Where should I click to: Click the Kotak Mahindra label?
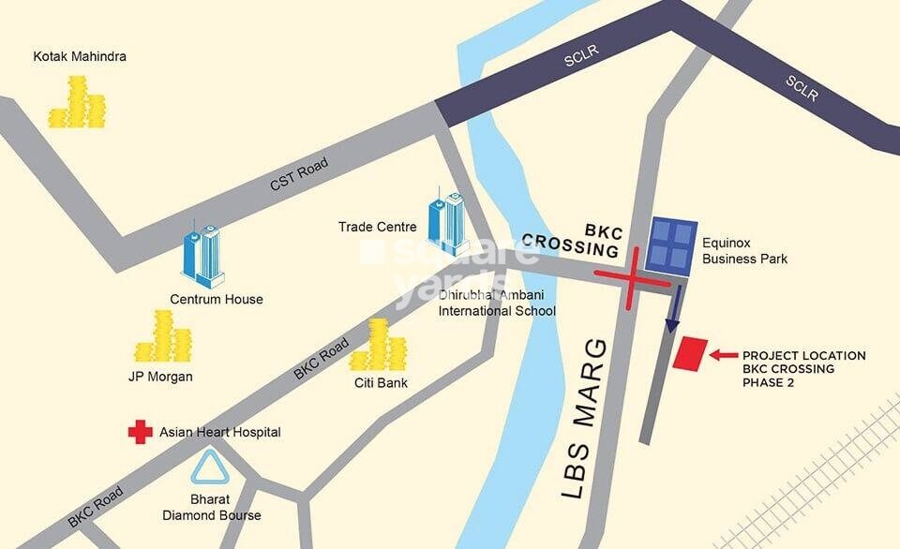80,57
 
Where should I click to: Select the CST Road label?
299,175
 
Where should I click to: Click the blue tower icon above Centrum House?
203,255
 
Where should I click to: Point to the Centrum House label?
216,300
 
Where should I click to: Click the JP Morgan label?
160,377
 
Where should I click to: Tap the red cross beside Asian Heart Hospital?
141,432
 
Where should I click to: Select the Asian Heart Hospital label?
220,432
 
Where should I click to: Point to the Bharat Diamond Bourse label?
211,507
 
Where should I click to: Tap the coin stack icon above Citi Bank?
378,345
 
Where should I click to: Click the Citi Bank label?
381,383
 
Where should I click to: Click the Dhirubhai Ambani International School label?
498,304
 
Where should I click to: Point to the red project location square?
691,355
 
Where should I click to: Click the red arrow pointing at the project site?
723,355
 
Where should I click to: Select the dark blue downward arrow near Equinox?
671,308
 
